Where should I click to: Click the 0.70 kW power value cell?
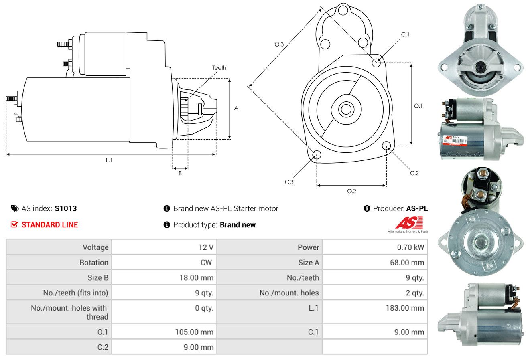(x=410, y=247)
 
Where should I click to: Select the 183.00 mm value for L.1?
(x=405, y=308)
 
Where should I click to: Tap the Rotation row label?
(x=94, y=262)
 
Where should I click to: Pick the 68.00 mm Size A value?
(x=407, y=262)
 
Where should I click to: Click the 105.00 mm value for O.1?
(x=194, y=332)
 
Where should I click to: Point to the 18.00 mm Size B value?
(x=196, y=277)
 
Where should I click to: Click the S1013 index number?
(x=66, y=208)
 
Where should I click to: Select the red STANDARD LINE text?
(x=50, y=225)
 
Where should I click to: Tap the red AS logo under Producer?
(x=409, y=223)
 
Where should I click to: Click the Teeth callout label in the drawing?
(x=219, y=68)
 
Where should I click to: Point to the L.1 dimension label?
(x=109, y=160)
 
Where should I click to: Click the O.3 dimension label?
(x=279, y=44)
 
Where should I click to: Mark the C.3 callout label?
(x=289, y=182)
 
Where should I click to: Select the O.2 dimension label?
(x=351, y=191)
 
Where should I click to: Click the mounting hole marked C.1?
(x=376, y=63)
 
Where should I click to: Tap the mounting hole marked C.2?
(x=386, y=146)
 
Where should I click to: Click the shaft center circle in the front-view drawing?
(x=346, y=109)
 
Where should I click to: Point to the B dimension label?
(x=180, y=173)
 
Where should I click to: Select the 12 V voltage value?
(x=206, y=247)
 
